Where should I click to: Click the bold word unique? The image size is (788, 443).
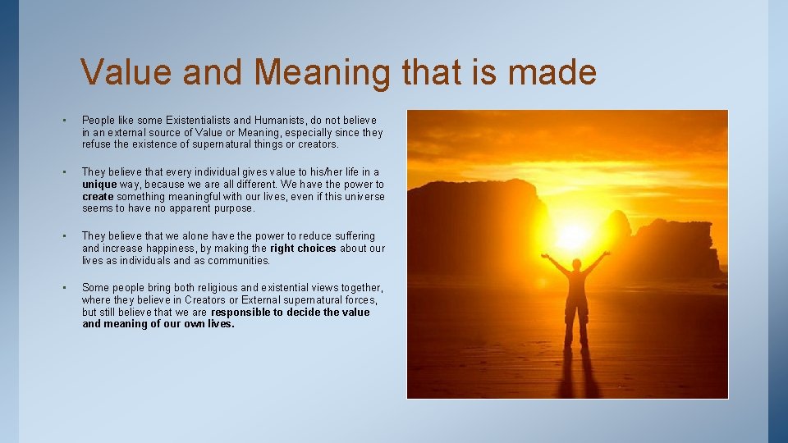(98, 185)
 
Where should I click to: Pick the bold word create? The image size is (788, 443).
(98, 197)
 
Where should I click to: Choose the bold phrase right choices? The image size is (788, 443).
(303, 249)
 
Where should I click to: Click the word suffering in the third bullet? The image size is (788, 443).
(352, 236)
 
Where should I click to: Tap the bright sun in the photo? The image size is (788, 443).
(574, 235)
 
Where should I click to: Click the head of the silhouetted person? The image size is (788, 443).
(576, 264)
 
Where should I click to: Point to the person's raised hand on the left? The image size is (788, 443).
(544, 256)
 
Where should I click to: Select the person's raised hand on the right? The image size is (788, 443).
(607, 253)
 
